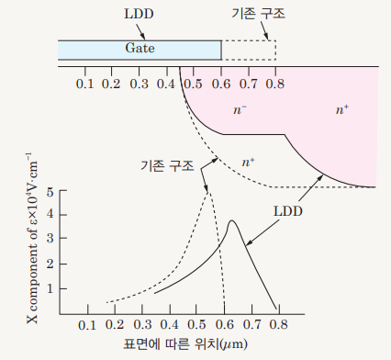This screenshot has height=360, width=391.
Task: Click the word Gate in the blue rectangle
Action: tap(140, 48)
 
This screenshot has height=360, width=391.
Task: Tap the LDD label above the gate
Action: tap(139, 14)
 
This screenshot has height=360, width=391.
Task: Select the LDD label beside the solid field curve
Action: tap(288, 211)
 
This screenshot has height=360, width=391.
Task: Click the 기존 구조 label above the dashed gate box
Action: tap(259, 14)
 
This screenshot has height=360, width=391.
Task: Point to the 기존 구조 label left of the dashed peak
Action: tap(167, 165)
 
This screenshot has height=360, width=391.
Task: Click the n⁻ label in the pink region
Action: tap(240, 109)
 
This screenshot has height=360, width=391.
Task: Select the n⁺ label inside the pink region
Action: tap(342, 109)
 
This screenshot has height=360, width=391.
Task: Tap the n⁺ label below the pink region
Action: tap(248, 162)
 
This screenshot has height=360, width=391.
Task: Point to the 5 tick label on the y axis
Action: tap(50, 193)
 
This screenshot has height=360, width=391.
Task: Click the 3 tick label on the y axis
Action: tap(50, 238)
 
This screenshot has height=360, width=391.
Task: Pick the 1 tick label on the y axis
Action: tap(50, 288)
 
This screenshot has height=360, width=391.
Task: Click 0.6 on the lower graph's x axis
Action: tap(224, 325)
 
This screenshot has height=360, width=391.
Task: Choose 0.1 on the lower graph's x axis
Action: tap(87, 325)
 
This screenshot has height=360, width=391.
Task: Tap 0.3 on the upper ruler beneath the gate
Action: tap(140, 84)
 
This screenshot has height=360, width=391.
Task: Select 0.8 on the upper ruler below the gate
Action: tap(275, 84)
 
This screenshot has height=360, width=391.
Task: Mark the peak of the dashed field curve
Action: tap(208, 191)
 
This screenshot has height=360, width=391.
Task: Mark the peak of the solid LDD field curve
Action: tap(231, 220)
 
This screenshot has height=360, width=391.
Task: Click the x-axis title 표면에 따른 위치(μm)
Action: tap(185, 344)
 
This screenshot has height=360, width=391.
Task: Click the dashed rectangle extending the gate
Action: tap(276, 50)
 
